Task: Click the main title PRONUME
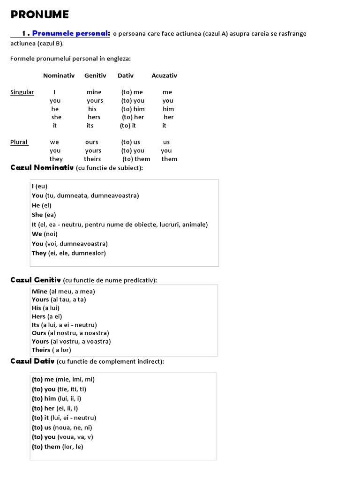pos(40,15)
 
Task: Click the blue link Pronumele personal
pos(71,33)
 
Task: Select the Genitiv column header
pos(95,75)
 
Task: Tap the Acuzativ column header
pos(164,75)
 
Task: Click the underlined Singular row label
pos(22,92)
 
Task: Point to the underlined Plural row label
pos(19,142)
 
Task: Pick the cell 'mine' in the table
pos(94,92)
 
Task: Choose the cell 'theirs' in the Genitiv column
pos(92,159)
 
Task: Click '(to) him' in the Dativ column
pos(133,109)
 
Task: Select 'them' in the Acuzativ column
pos(169,159)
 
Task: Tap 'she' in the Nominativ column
pos(56,117)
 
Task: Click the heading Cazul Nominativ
pos(42,168)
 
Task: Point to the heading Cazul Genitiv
pos(36,280)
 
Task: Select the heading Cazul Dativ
pos(32,361)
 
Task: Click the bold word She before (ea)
pos(37,215)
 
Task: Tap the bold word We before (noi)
pos(37,234)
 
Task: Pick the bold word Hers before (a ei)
pos(38,316)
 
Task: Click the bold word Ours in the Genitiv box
pos(39,333)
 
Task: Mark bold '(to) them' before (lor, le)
pos(46,447)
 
